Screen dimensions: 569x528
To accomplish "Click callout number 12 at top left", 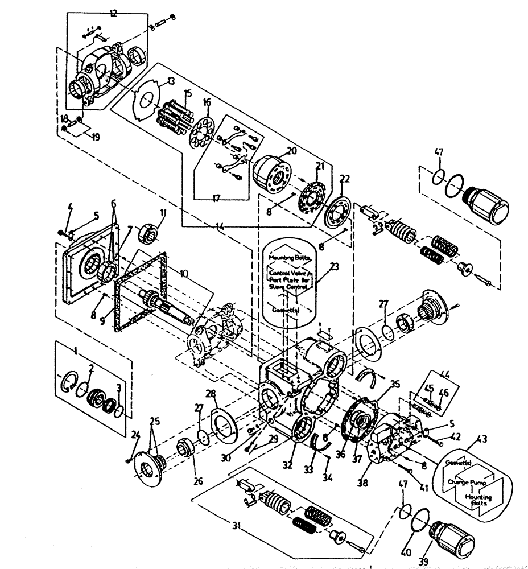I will pyautogui.click(x=113, y=13).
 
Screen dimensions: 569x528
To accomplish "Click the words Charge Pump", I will pyautogui.click(x=465, y=481).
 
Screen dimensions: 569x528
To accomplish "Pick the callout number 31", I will pyautogui.click(x=237, y=538).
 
